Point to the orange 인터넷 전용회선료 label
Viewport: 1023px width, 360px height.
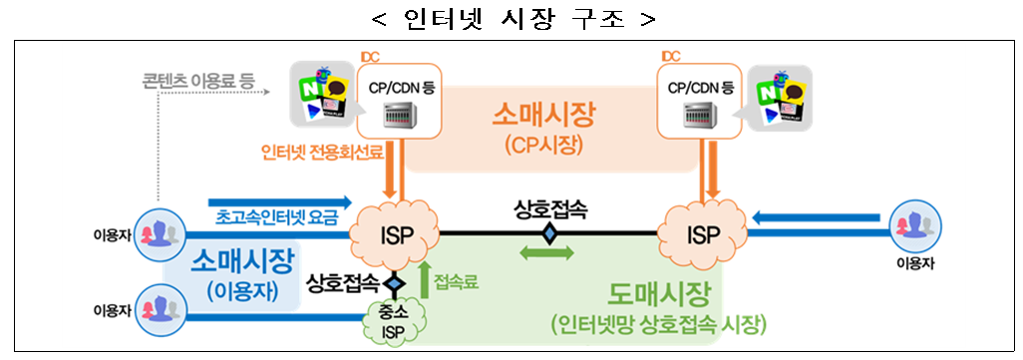tap(314, 153)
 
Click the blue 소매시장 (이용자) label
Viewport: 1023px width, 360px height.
tap(242, 273)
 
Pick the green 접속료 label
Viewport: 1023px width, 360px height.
tap(457, 282)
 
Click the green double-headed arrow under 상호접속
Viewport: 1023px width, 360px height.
tap(547, 254)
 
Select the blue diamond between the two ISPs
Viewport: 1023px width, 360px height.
tap(547, 233)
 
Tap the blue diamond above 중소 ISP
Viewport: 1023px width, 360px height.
tap(395, 283)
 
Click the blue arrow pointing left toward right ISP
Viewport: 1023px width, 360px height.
tap(817, 216)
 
